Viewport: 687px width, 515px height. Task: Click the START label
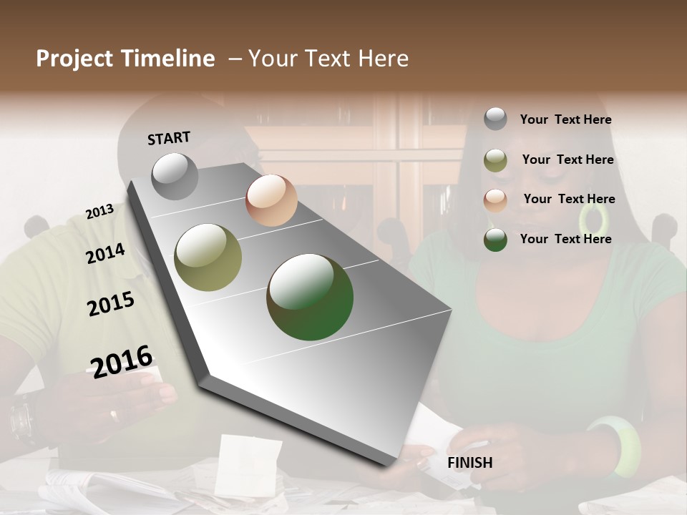169,138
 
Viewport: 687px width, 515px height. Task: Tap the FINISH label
469,463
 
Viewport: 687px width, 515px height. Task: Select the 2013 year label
99,212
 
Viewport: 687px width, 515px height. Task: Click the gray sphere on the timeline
175,177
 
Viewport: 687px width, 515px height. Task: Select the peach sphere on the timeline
271,200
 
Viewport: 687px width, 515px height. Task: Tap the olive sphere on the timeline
208,257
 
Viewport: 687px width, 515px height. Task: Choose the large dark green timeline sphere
310,297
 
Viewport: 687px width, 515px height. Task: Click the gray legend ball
495,119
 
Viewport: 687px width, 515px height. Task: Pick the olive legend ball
495,160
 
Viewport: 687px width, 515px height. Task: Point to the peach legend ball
495,200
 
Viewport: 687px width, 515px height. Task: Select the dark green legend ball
495,240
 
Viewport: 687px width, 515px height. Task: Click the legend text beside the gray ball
565,119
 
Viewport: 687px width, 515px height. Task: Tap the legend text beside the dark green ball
565,239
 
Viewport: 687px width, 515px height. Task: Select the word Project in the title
74,59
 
